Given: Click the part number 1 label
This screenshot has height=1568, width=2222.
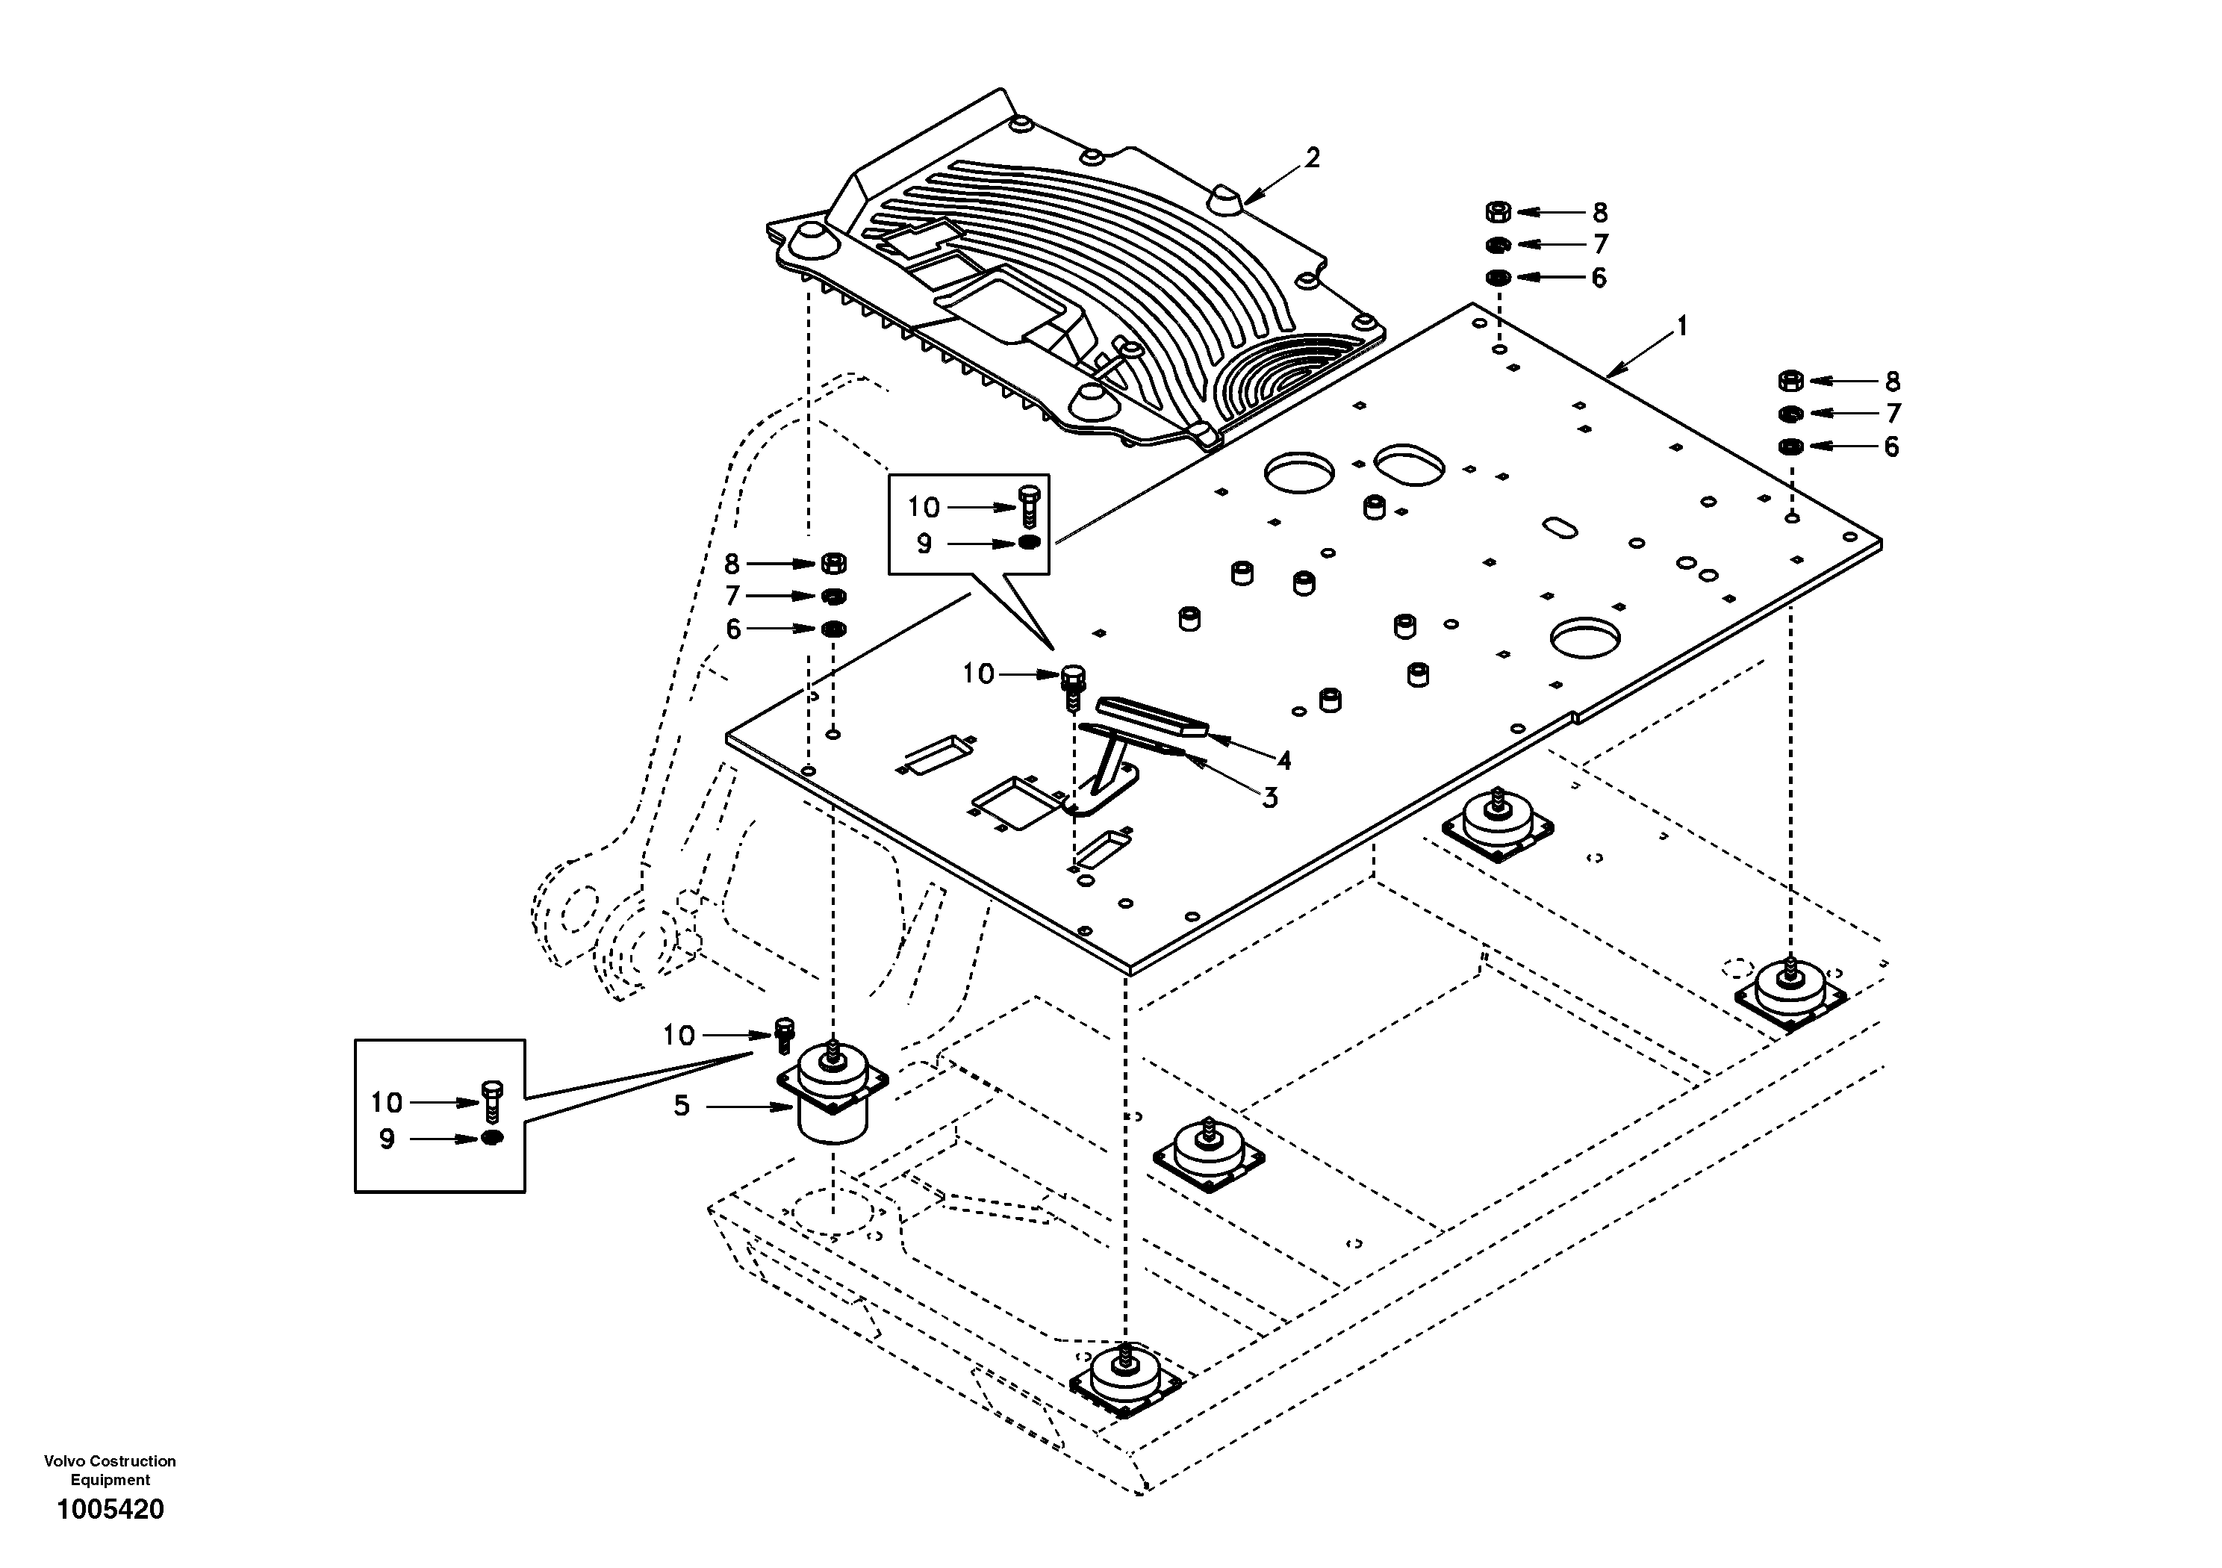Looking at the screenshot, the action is [1682, 326].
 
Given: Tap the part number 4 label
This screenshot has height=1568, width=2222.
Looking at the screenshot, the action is [1283, 760].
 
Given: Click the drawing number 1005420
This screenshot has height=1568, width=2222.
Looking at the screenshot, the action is [111, 1509].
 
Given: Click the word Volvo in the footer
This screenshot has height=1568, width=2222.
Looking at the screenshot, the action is [64, 1460].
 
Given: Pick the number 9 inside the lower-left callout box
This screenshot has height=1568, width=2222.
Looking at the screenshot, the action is [387, 1139].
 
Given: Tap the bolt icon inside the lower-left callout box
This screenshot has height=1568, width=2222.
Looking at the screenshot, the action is [491, 1098].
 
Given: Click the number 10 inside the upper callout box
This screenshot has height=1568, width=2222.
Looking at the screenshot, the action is [924, 506].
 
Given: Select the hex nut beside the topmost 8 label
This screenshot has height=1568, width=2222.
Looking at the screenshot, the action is [1497, 211].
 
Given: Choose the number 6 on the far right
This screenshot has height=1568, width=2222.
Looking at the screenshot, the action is [1891, 447].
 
